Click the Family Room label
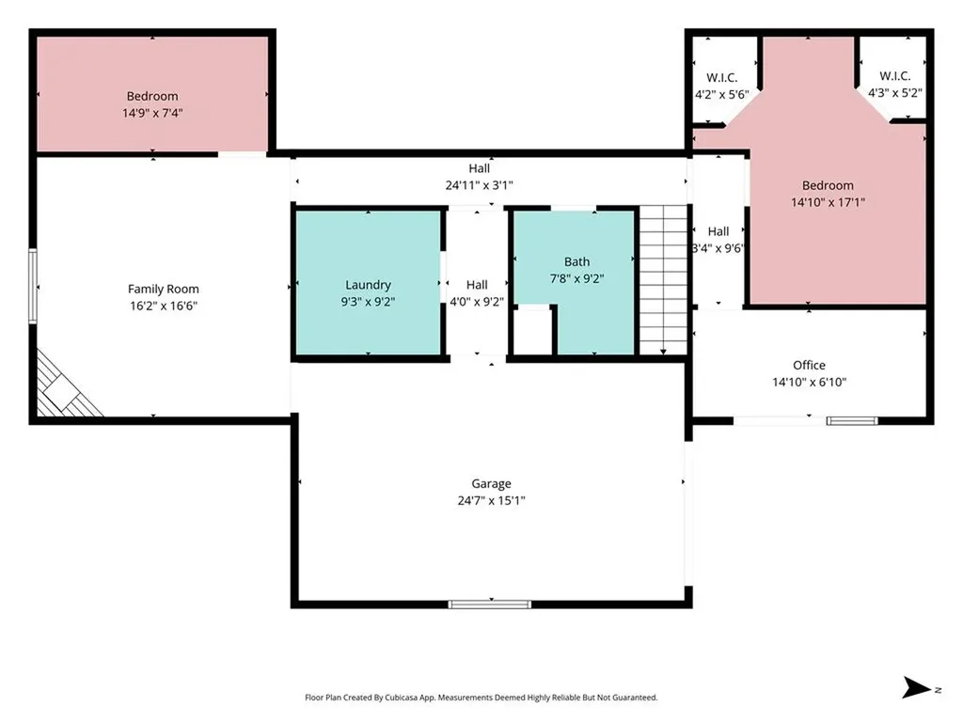tap(164, 290)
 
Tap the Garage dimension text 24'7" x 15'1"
tap(491, 500)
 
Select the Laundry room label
tap(368, 285)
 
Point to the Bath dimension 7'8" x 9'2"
tap(576, 278)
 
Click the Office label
tap(809, 366)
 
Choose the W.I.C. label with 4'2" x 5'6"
tap(721, 78)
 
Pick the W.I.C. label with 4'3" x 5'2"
tap(895, 76)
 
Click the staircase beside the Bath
tap(663, 280)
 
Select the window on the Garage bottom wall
tap(489, 604)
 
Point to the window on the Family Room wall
tap(33, 286)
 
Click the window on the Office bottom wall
tap(852, 420)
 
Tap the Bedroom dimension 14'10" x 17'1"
tap(828, 202)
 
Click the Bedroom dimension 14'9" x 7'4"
tap(152, 113)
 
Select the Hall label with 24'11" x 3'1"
tap(479, 168)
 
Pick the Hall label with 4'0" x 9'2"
tap(477, 285)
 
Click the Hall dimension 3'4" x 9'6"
tap(718, 248)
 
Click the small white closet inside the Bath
tap(532, 330)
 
